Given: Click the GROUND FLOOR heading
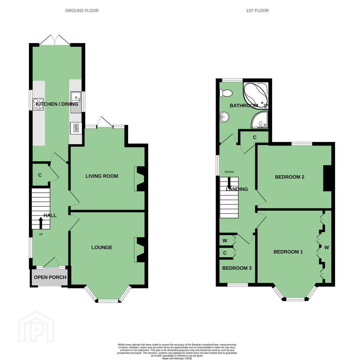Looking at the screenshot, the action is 82,11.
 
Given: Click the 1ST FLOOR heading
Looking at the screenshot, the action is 257,11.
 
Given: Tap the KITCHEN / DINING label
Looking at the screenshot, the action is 57,104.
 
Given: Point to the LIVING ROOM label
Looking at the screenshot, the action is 102,176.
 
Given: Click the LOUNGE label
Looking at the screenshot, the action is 102,247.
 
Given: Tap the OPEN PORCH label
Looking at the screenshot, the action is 50,277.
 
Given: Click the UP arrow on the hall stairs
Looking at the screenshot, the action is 41,223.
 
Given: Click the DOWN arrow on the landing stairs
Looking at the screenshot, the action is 229,183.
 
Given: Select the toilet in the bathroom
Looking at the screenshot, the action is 226,93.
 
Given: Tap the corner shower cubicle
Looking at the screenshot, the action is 260,120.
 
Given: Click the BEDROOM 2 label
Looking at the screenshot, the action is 289,177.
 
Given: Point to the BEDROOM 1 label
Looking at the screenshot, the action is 288,252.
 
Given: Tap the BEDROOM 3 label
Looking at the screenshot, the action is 237,268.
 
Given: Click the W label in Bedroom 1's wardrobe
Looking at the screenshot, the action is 327,247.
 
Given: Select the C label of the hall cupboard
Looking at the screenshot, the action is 40,175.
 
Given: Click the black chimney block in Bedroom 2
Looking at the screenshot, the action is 327,178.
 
